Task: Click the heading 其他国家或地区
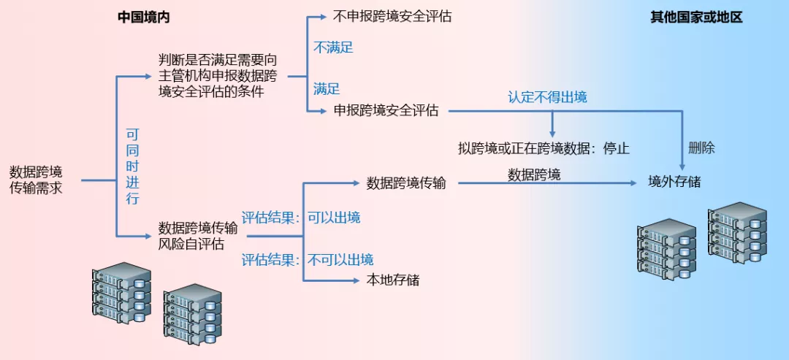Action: point(695,17)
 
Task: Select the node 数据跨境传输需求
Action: point(36,180)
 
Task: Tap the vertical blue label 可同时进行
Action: point(132,166)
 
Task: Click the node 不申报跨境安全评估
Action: point(392,15)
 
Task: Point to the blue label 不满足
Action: point(333,47)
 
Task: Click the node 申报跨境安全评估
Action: point(386,111)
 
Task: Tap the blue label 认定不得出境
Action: point(547,97)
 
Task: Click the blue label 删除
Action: point(701,148)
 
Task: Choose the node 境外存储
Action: point(674,182)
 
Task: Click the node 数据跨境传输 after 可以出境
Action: point(406,183)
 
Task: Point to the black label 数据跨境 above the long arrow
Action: point(534,175)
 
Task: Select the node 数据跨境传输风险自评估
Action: point(197,236)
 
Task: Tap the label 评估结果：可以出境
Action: point(301,218)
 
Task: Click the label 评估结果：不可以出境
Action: point(308,259)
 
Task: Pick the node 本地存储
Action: point(393,280)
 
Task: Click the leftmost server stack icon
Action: point(121,293)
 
